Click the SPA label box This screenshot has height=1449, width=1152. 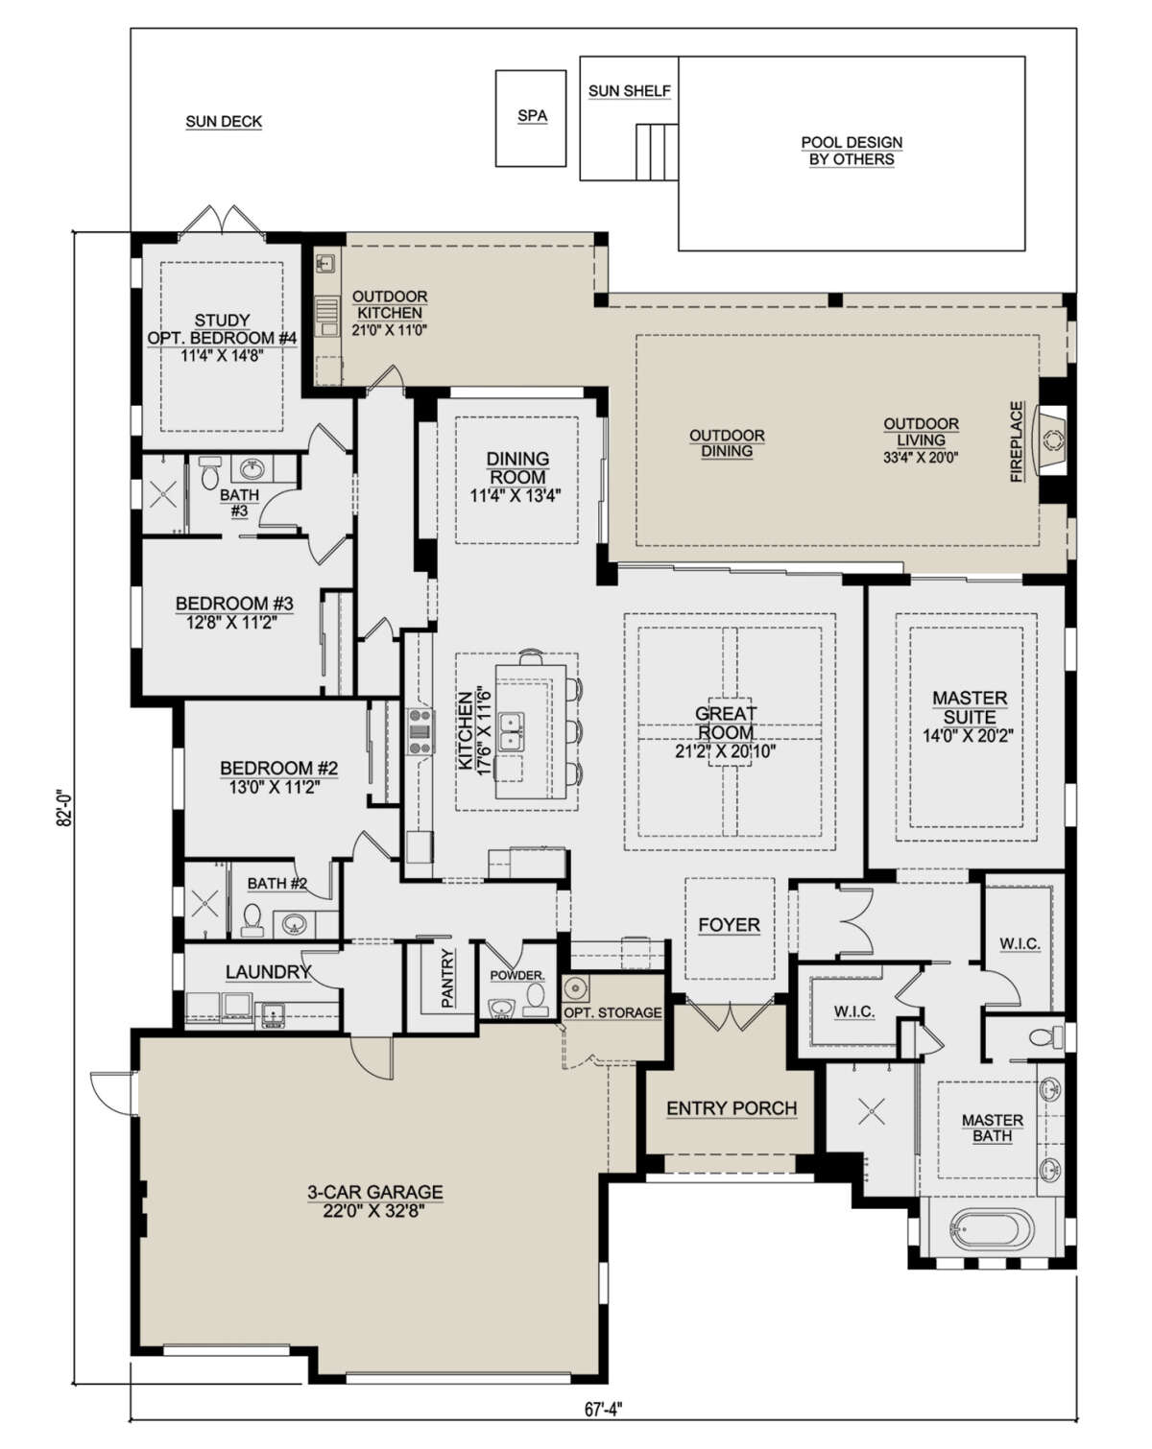[x=532, y=117]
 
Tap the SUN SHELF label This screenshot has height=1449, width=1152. [x=629, y=91]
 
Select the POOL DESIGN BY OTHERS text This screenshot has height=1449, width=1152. [x=852, y=151]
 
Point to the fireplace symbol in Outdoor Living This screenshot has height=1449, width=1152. [x=1053, y=440]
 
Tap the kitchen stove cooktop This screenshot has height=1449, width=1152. [x=420, y=730]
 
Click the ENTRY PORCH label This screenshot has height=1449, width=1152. [x=732, y=1108]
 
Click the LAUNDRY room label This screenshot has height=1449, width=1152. [x=268, y=972]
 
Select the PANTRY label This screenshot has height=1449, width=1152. [x=447, y=979]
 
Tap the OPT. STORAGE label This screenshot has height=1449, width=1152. [x=612, y=1012]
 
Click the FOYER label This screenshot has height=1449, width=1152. [x=729, y=925]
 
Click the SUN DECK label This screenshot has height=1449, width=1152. [x=224, y=122]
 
